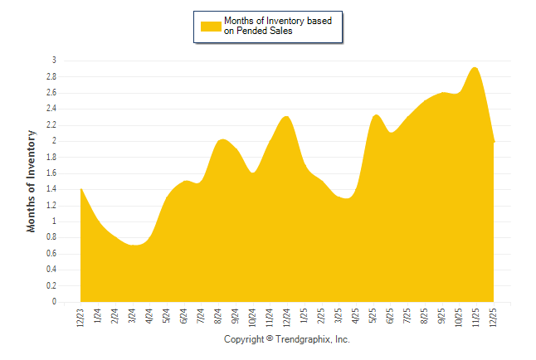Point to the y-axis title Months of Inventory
32,180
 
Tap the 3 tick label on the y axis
54,61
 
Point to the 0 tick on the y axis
54,302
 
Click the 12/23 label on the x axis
80,318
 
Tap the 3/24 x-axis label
133,318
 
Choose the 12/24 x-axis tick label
287,318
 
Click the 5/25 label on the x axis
373,318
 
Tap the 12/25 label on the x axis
494,318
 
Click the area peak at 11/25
475,68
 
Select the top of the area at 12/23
81,189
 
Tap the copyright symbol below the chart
270,340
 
